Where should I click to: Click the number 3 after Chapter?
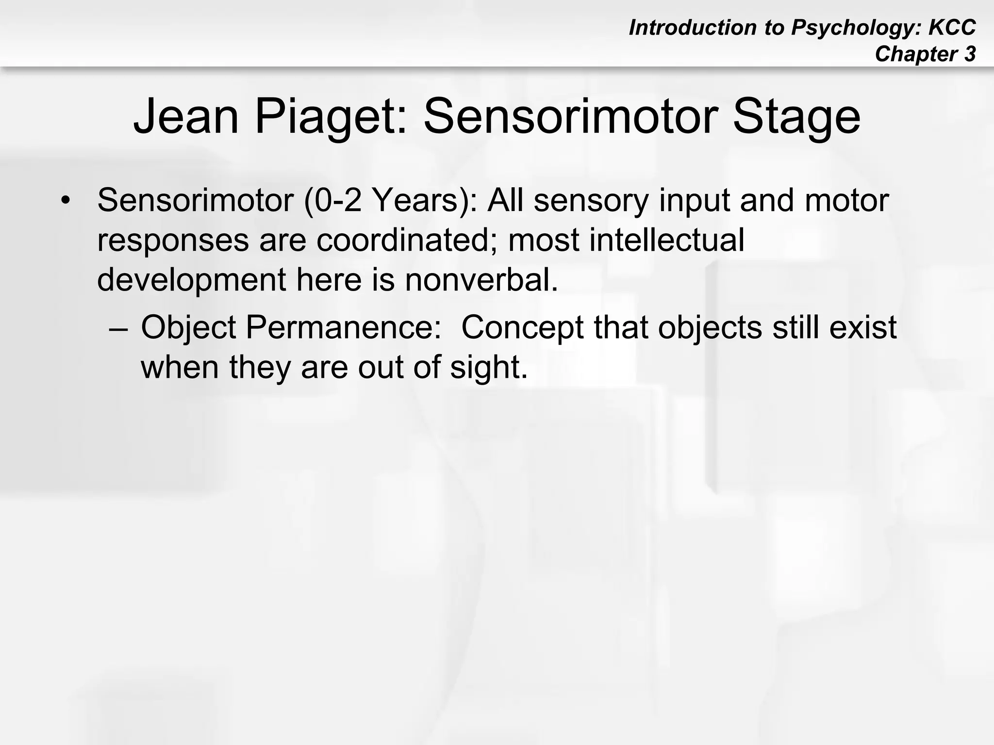pyautogui.click(x=970, y=54)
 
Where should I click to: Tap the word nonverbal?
pyautogui.click(x=481, y=280)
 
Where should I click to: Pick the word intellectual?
pyautogui.click(x=666, y=240)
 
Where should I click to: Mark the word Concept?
pyautogui.click(x=522, y=328)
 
